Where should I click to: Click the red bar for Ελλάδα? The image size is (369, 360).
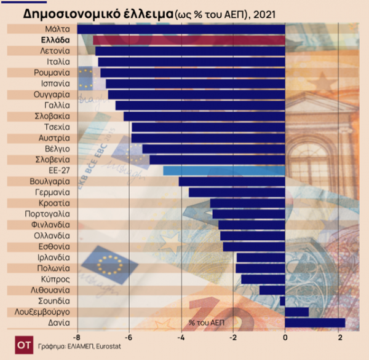[x=189, y=40]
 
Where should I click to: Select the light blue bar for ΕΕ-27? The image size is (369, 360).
[x=224, y=171]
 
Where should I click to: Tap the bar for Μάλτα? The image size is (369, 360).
[x=181, y=29]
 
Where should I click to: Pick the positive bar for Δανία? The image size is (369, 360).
[x=315, y=323]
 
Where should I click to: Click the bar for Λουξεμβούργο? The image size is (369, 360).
[x=297, y=311]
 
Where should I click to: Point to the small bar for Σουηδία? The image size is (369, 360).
[x=283, y=301]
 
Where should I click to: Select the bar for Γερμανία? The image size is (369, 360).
[x=237, y=192]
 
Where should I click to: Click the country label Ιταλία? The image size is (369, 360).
[x=58, y=61]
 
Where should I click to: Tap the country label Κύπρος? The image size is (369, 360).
[x=57, y=279]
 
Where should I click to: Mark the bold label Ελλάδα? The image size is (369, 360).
[x=55, y=40]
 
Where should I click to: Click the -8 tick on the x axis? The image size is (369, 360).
[x=76, y=338]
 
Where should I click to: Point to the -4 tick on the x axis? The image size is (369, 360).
[x=181, y=338]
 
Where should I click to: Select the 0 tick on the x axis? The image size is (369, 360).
[x=285, y=338]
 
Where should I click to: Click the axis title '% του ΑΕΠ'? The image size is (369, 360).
[x=200, y=323]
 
